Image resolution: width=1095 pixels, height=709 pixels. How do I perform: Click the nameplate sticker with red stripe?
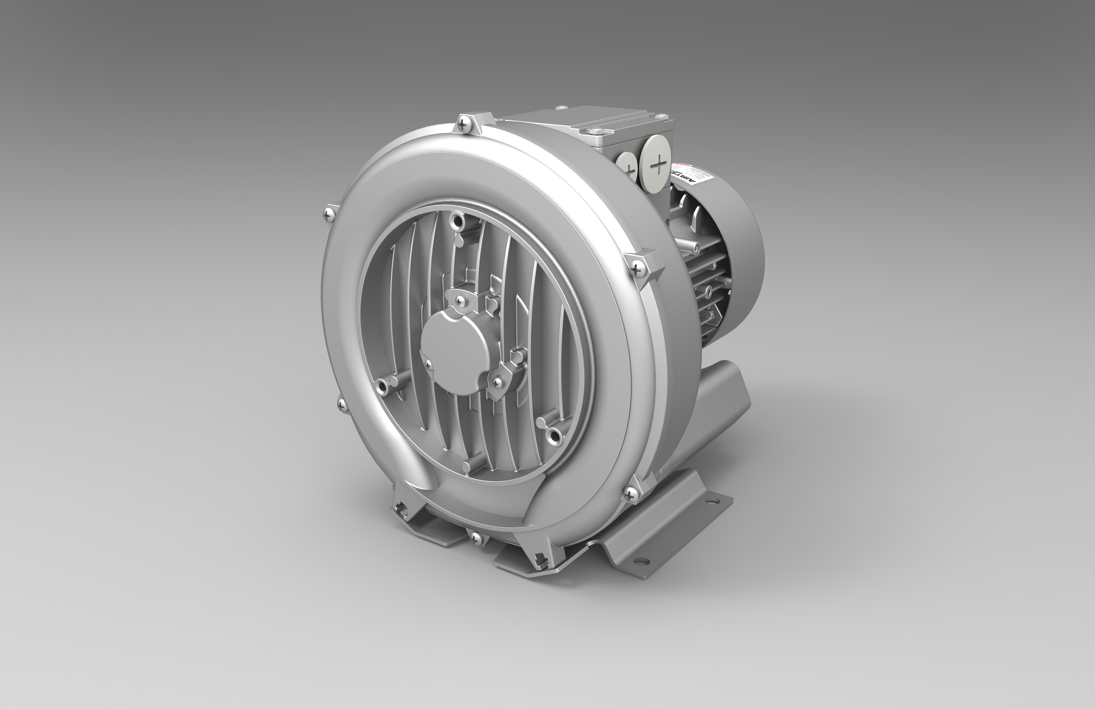(x=690, y=177)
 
